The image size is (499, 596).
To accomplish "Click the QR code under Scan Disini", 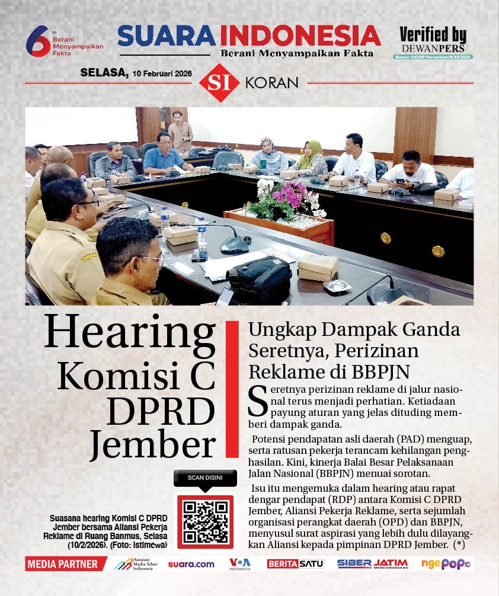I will [x=204, y=522].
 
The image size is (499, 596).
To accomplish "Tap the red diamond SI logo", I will [x=219, y=83].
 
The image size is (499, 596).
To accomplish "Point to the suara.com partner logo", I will [x=191, y=564].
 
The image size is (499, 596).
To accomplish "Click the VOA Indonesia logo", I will [x=240, y=564].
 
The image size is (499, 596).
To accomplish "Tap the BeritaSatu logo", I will [x=295, y=564].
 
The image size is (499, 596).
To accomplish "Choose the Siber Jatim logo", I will [x=372, y=564].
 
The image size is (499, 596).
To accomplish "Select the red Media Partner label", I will [x=62, y=564].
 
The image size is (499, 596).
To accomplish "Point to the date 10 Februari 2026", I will [x=165, y=73].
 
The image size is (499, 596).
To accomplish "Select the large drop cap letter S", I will [x=257, y=400].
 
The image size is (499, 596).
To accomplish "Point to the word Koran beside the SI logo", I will [x=272, y=83].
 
